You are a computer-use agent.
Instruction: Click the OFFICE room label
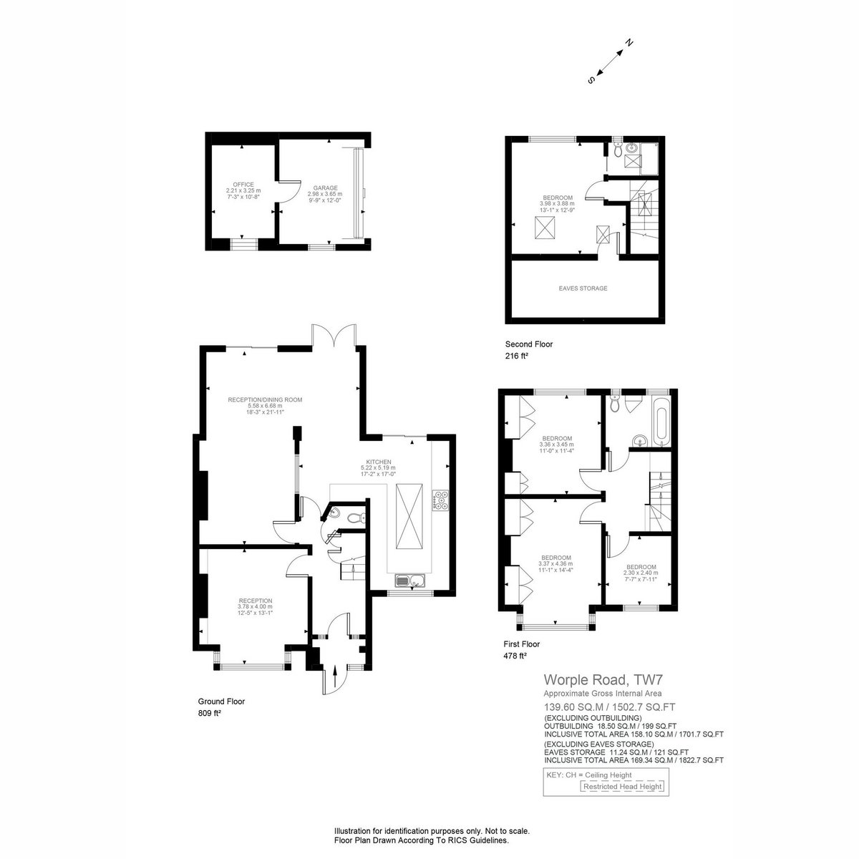pos(243,185)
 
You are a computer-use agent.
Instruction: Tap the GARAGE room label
pos(325,188)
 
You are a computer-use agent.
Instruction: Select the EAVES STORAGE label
pos(583,288)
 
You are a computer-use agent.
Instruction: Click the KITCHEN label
pos(378,462)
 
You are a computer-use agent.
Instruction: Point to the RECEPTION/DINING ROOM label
pos(265,400)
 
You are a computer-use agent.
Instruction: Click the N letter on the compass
pos(629,43)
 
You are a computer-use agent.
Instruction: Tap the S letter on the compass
pos(591,80)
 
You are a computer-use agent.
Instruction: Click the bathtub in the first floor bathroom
pos(660,422)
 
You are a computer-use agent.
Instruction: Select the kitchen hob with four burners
pos(440,500)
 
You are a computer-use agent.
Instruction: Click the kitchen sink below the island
pos(410,581)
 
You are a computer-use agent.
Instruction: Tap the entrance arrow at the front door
pos(335,676)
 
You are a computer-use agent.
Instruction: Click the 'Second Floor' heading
pos(529,344)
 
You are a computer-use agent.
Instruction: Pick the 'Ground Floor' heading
pos(221,702)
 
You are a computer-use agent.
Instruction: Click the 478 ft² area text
pos(515,656)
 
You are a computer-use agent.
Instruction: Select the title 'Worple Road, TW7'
pos(603,680)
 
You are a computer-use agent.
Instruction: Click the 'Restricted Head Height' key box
pos(622,786)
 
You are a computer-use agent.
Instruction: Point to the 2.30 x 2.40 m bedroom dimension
pos(641,573)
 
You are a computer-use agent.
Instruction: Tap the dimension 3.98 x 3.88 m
pos(557,204)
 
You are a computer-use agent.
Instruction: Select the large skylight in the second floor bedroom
pos(544,228)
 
